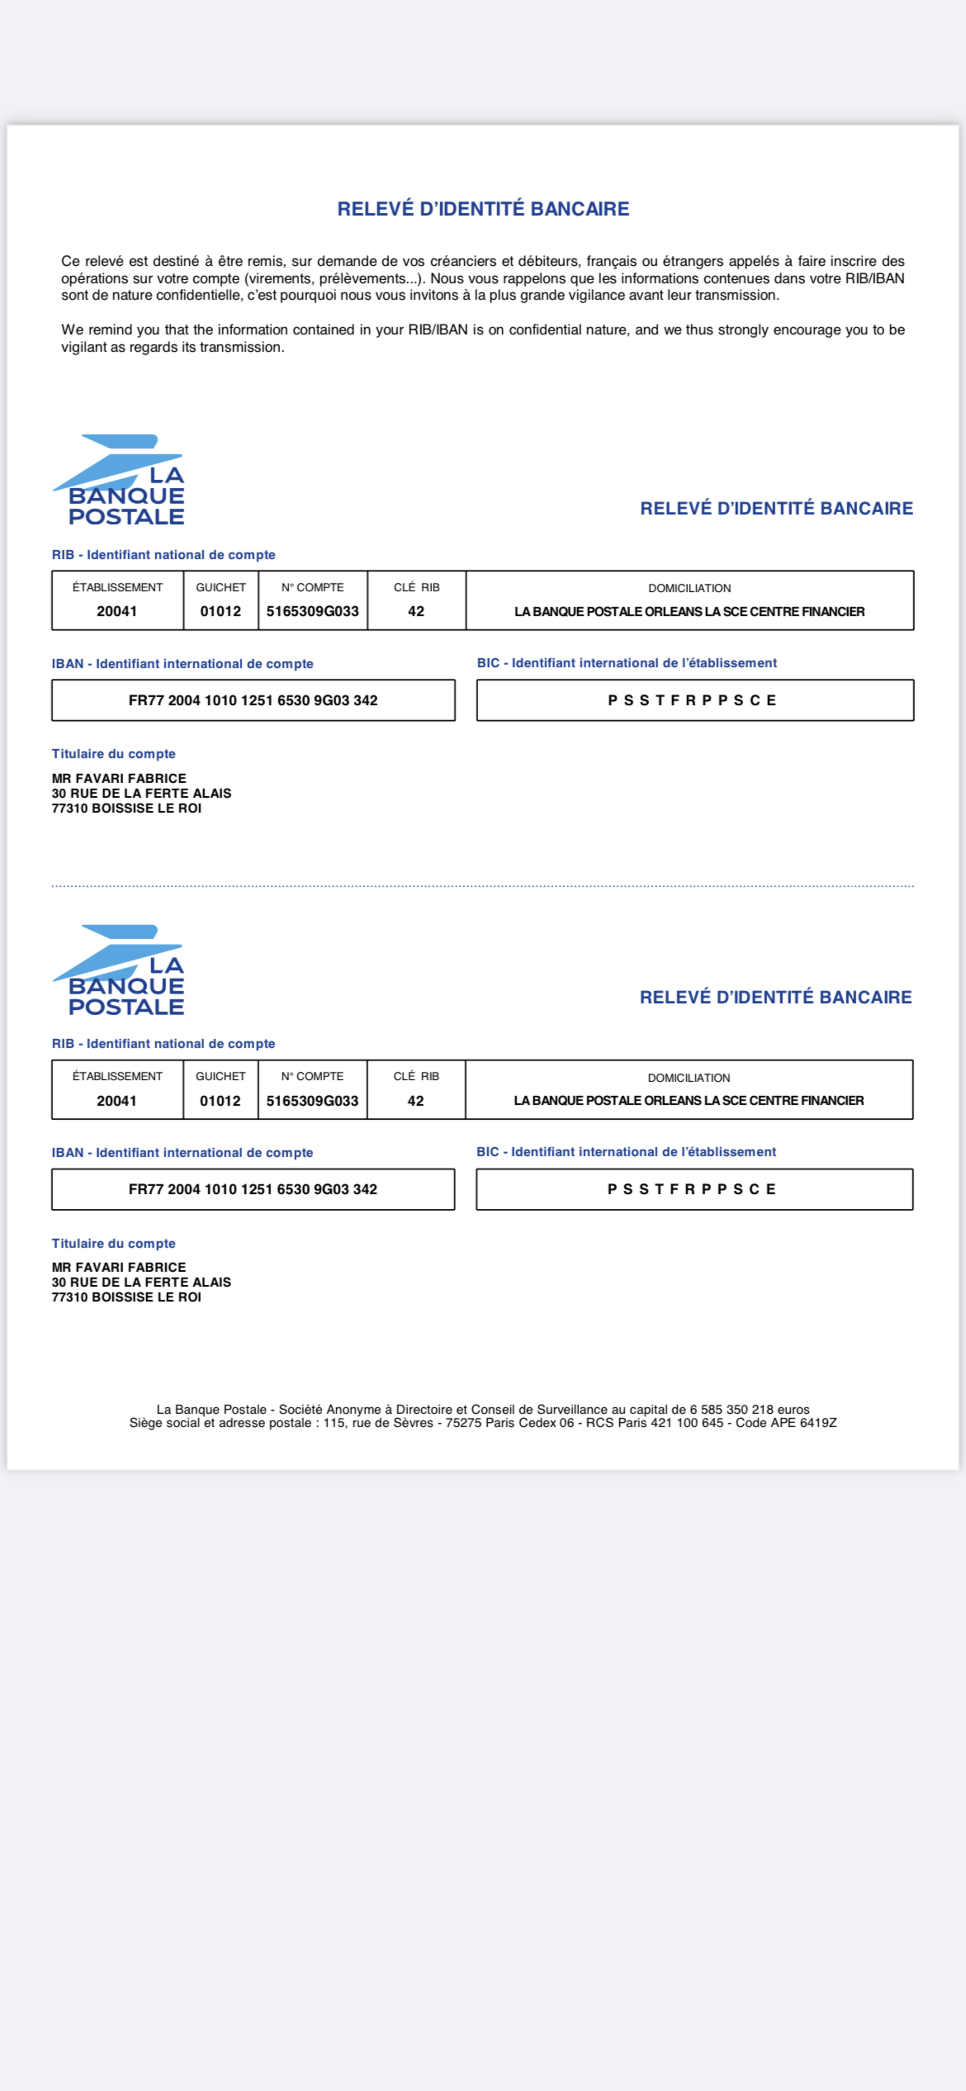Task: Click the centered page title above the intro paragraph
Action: pyautogui.click(x=483, y=209)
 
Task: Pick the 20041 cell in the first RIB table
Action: pyautogui.click(x=117, y=611)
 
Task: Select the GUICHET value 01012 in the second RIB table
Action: pyautogui.click(x=220, y=1101)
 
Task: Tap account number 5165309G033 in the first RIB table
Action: pyautogui.click(x=313, y=611)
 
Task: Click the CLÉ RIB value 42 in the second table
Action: pyautogui.click(x=416, y=1101)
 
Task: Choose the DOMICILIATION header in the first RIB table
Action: pyautogui.click(x=689, y=587)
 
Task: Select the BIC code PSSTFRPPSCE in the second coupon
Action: pyautogui.click(x=693, y=1189)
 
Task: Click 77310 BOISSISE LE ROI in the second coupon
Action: pyautogui.click(x=127, y=1297)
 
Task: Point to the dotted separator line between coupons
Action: pyautogui.click(x=483, y=887)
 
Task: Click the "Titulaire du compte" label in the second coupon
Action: pyautogui.click(x=114, y=1244)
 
